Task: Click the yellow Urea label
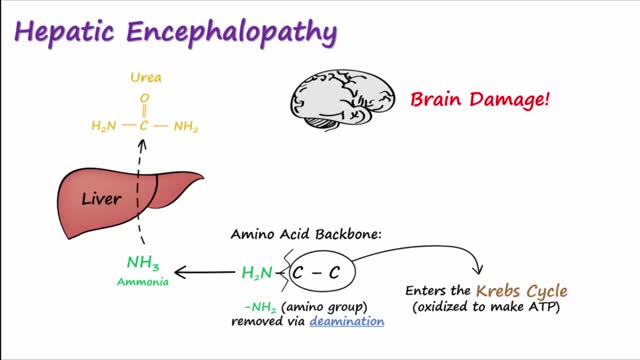[x=145, y=76]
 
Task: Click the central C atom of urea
[x=145, y=127]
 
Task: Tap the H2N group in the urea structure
[x=104, y=127]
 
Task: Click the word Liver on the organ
[x=101, y=199]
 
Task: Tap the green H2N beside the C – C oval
[x=257, y=271]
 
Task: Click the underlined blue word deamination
[x=347, y=322]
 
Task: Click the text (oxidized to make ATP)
[x=489, y=306]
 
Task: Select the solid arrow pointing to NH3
[x=205, y=271]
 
